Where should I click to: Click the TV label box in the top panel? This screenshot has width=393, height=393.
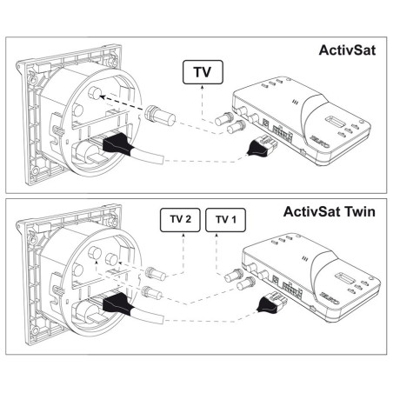tap(198, 73)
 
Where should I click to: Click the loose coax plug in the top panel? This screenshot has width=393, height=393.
tap(159, 113)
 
